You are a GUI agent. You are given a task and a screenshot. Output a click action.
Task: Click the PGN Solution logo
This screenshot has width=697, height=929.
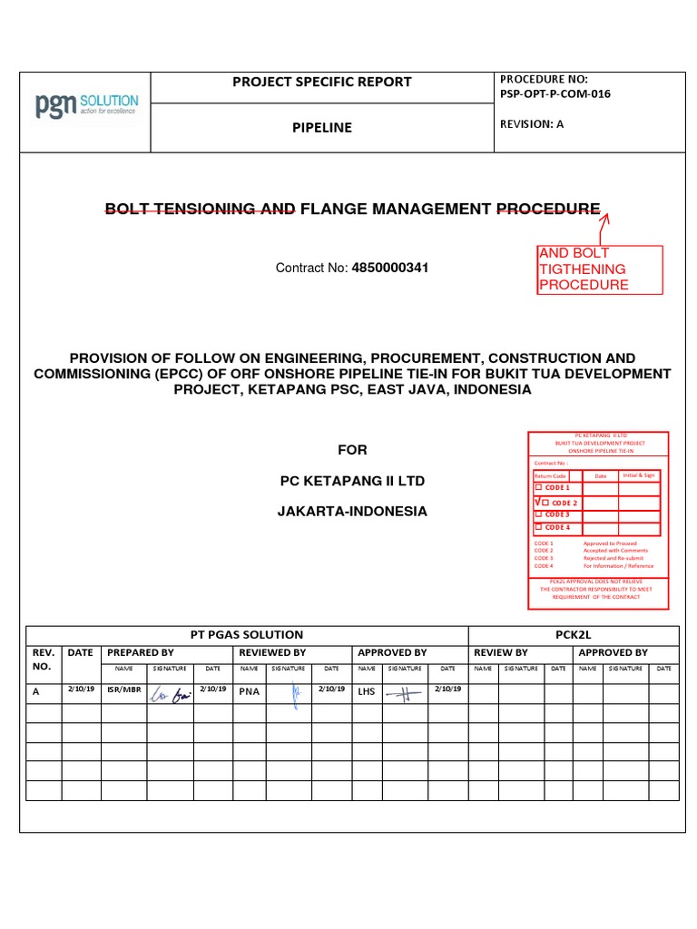(x=87, y=104)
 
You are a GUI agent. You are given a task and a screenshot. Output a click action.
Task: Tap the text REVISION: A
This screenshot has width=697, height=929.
(x=532, y=124)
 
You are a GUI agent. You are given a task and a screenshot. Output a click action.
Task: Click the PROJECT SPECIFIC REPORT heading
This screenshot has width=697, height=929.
(x=322, y=82)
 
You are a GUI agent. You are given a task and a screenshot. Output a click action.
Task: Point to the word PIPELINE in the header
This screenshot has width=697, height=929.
(x=321, y=128)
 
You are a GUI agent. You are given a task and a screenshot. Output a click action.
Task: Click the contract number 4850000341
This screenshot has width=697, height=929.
(x=389, y=268)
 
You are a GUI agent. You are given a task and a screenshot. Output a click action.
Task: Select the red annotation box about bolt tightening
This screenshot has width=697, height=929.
(x=587, y=269)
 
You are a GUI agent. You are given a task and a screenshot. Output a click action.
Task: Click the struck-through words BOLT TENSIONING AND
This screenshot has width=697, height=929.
(x=200, y=210)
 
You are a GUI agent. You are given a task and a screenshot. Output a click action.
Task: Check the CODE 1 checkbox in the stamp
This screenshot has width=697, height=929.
(x=538, y=488)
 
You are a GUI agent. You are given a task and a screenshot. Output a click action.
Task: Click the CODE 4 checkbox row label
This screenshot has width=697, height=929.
(x=556, y=527)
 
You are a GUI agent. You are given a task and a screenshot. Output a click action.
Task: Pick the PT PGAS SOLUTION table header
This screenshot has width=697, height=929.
(x=245, y=634)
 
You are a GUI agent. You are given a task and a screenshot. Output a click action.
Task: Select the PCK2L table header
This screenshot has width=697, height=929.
(x=573, y=634)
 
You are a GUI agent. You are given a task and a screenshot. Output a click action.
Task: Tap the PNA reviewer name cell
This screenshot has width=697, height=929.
(x=250, y=691)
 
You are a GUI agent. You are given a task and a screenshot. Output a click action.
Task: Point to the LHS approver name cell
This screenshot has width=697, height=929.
(x=366, y=691)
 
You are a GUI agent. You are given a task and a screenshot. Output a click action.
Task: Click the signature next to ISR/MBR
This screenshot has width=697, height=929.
(x=169, y=692)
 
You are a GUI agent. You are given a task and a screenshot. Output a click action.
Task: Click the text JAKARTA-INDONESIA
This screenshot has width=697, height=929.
(x=351, y=511)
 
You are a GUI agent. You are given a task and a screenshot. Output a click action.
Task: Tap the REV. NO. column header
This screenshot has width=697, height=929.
(x=44, y=659)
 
